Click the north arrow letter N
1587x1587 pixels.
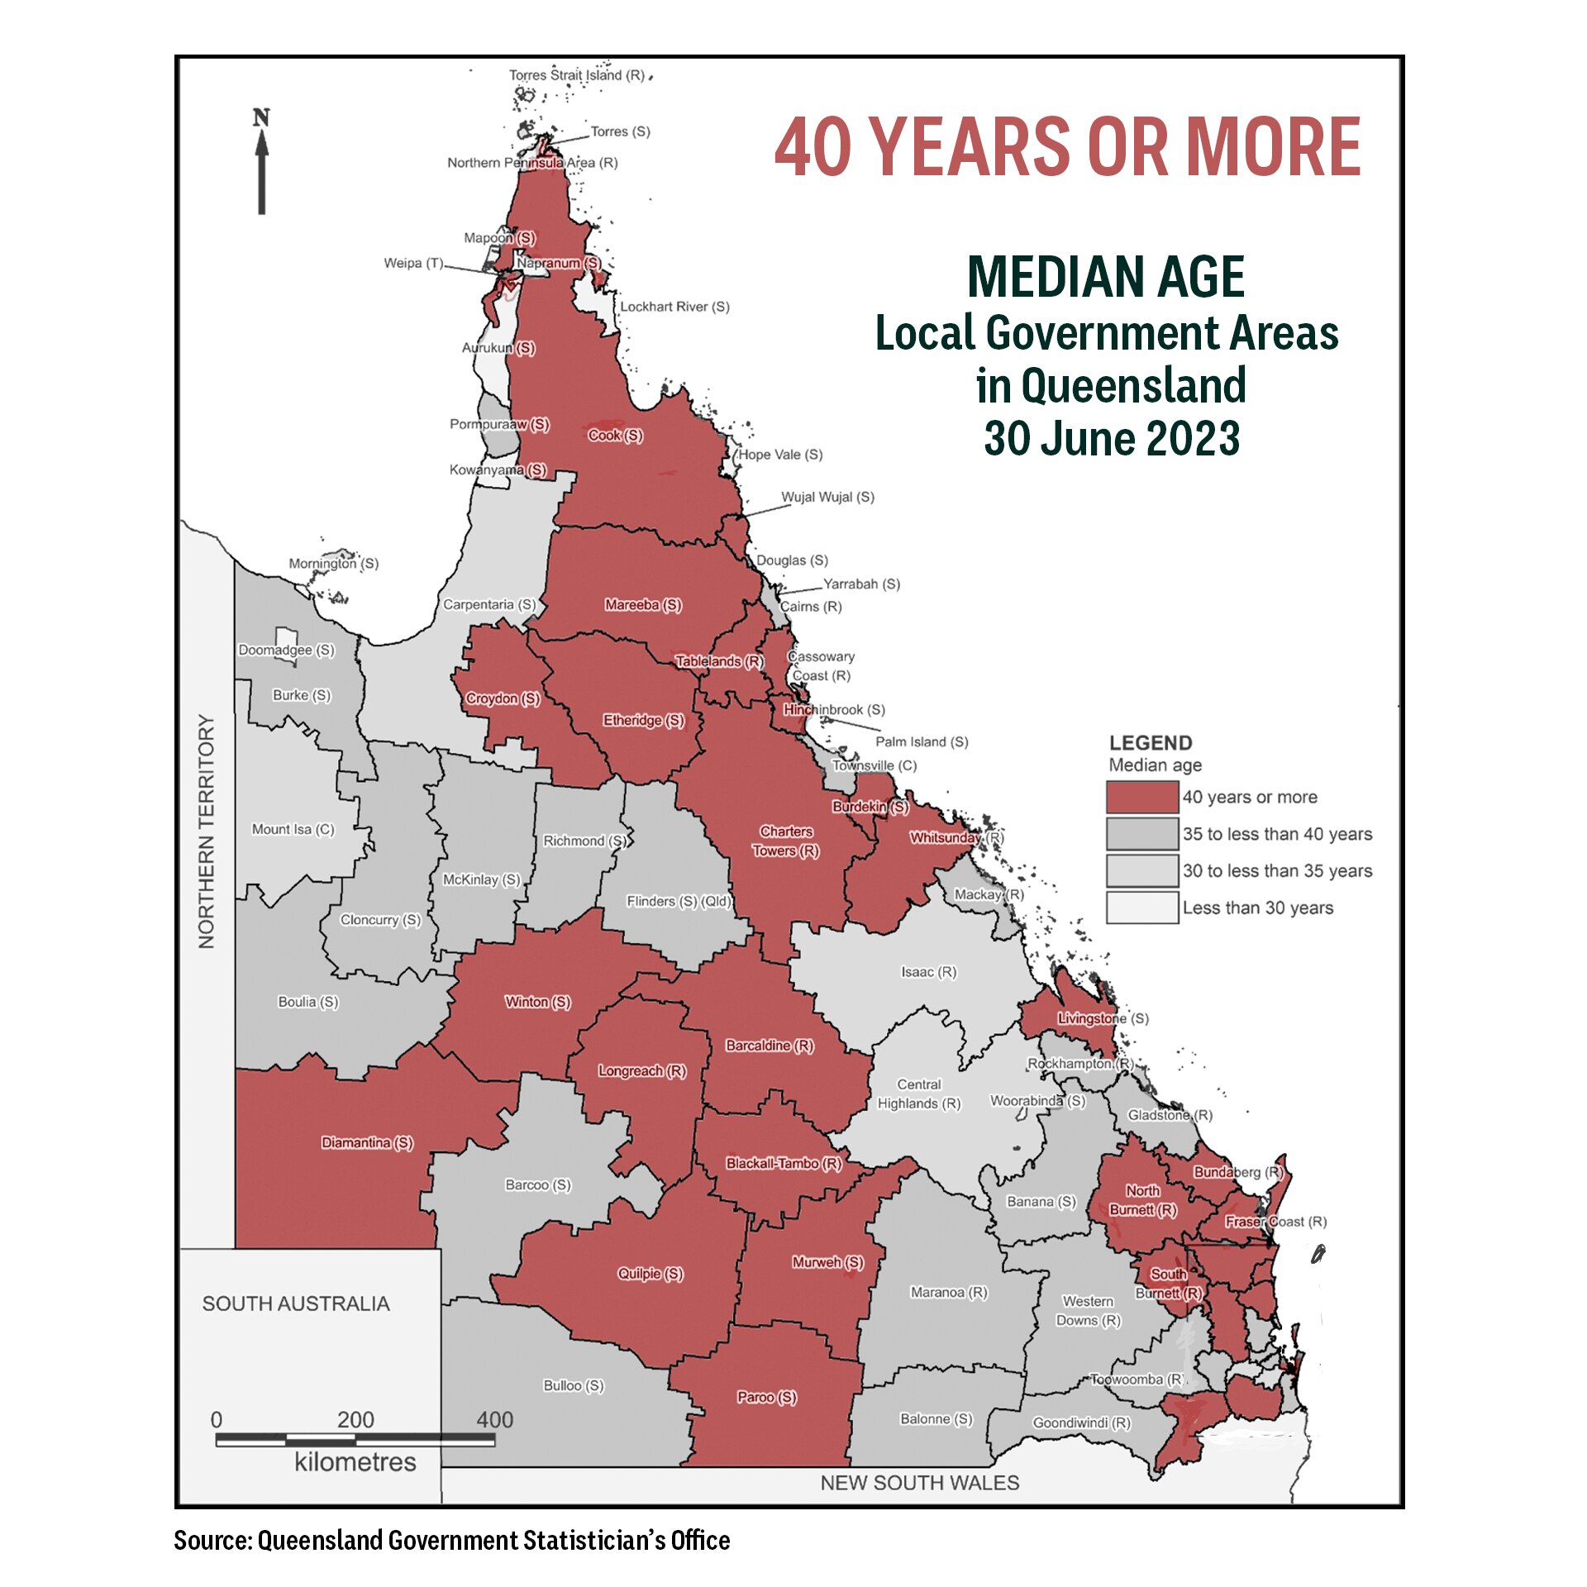point(261,118)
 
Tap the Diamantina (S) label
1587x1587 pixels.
point(367,1143)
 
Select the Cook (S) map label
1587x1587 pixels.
point(615,436)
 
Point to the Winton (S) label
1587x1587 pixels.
point(537,1002)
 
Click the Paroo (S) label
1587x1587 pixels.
point(766,1397)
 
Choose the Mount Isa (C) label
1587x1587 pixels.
point(293,829)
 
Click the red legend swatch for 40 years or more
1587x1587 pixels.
point(1141,797)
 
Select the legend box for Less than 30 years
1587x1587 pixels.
point(1141,908)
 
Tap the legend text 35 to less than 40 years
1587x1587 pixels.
point(1276,834)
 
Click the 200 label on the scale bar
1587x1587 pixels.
point(355,1419)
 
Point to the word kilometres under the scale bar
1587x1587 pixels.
point(355,1462)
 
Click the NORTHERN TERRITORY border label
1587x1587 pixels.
point(207,831)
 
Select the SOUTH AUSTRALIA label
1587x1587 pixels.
point(296,1303)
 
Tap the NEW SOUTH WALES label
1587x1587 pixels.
point(919,1483)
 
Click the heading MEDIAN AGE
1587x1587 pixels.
point(1105,277)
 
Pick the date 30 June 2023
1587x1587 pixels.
point(1111,438)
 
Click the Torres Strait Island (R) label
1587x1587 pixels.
point(576,75)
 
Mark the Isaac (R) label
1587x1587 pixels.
point(928,972)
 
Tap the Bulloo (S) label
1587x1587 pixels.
point(573,1385)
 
